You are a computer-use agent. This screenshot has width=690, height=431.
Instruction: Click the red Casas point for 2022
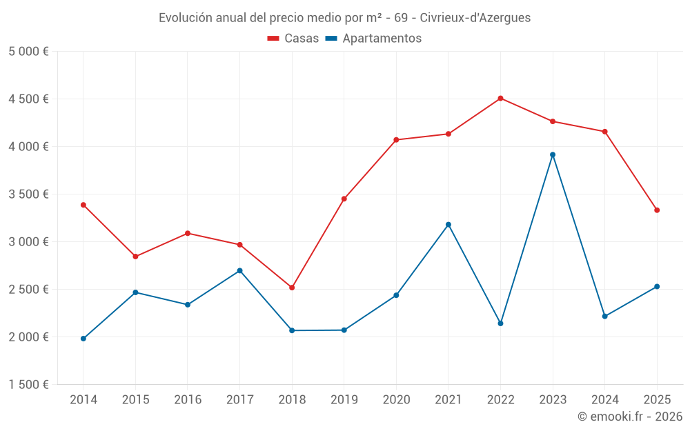point(500,98)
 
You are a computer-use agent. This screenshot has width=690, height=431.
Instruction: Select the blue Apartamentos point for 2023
point(553,154)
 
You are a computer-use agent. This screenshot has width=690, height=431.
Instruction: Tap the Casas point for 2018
point(292,288)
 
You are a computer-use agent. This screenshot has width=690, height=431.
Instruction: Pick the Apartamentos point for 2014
point(83,339)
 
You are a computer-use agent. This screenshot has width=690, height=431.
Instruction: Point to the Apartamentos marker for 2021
point(448,224)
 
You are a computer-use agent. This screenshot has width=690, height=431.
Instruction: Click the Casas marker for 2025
point(657,210)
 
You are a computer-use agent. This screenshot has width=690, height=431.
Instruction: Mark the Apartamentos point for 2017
point(239,270)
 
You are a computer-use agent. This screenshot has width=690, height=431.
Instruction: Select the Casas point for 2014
point(83,205)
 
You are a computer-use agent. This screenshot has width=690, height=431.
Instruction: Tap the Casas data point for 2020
point(396,140)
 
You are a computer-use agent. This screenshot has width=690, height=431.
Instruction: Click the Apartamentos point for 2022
point(500,323)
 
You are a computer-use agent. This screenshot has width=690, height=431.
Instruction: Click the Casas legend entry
point(293,39)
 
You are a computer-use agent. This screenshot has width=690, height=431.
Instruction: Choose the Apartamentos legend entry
point(373,39)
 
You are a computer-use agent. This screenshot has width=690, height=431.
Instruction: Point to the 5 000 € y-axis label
point(28,52)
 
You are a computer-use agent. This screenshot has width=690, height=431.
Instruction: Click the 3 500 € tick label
point(28,194)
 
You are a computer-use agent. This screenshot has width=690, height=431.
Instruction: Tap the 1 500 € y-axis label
point(28,385)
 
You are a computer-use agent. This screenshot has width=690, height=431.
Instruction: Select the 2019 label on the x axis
point(344,399)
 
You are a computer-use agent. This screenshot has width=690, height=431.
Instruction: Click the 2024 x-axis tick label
point(604,399)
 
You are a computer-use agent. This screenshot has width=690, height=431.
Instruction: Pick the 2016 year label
point(187,399)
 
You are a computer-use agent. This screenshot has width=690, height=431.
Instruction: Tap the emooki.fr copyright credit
point(630,417)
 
